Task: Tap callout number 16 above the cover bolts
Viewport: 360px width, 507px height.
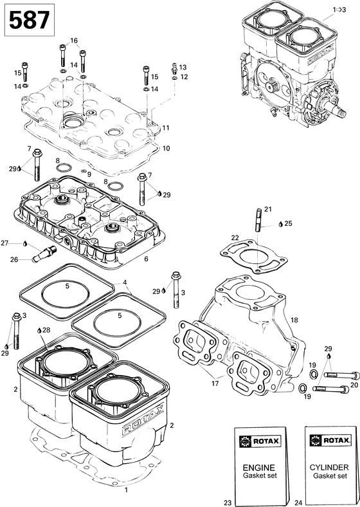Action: pos(74,41)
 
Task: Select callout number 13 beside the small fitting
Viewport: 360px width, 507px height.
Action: pos(183,67)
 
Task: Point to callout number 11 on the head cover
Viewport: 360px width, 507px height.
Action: pos(166,127)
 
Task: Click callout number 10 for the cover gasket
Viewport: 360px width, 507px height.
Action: pos(166,148)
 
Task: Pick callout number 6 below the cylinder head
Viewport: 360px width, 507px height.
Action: pos(146,259)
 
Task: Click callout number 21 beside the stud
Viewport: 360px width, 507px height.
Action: pos(268,208)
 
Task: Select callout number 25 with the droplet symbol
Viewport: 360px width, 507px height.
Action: pos(288,223)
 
